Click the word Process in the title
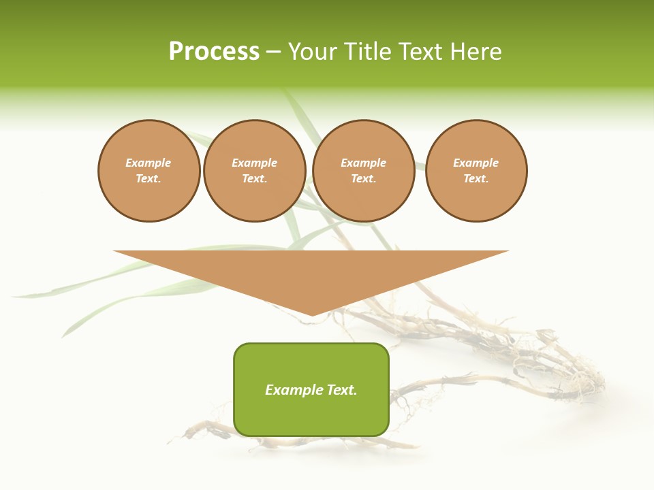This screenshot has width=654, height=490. click(214, 52)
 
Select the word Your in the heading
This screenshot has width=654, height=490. click(313, 52)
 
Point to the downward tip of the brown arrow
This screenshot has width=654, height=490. click(311, 314)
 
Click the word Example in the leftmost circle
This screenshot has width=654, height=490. click(149, 163)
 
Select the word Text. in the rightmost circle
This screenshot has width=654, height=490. click(476, 178)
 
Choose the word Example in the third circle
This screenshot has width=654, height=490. click(364, 163)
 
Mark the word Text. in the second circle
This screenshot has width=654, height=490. click(255, 178)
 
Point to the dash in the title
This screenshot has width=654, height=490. click(273, 52)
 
